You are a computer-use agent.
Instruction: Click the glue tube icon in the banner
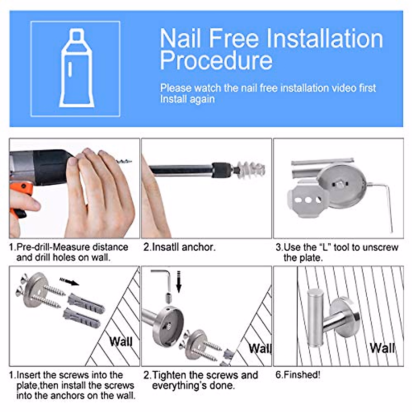point(77,68)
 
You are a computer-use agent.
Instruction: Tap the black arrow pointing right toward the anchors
point(69,282)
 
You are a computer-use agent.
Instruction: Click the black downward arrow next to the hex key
point(179,282)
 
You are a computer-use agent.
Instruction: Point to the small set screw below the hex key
point(169,298)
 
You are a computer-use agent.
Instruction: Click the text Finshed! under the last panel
point(298,375)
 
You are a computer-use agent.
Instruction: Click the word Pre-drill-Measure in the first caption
point(72,247)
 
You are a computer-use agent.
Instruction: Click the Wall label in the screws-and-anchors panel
point(121,341)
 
